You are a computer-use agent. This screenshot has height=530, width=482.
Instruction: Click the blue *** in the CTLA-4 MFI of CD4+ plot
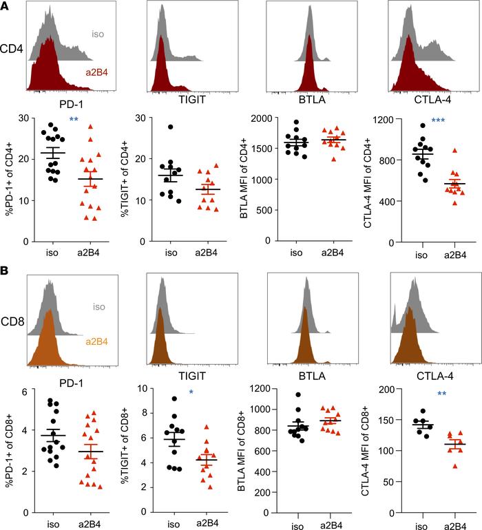coord(438,120)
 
